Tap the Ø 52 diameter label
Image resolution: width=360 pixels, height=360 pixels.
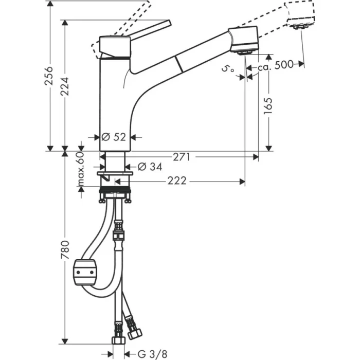pos(114,137)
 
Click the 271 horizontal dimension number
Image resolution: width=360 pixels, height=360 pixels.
pos(182,156)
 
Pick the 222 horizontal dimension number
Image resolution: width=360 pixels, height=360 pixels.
pos(176,181)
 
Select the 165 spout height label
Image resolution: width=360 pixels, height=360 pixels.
pos(269,106)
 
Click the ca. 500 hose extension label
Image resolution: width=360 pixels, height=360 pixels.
pos(276,64)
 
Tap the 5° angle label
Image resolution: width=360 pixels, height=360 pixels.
pos(228,68)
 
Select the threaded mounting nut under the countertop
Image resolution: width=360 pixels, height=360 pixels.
pos(116,196)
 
